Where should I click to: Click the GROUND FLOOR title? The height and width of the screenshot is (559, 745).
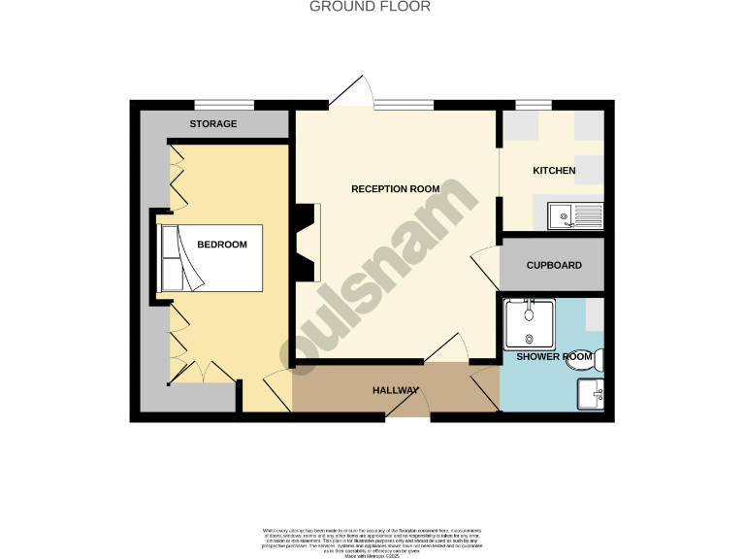click(x=370, y=7)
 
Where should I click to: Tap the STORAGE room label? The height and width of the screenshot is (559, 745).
click(x=212, y=124)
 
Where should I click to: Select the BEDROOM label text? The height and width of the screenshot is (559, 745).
click(x=222, y=245)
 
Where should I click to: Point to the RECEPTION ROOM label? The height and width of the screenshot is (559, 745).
click(x=395, y=189)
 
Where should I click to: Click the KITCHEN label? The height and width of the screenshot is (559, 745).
click(x=554, y=171)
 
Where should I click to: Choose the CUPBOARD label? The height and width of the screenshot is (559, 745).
click(x=554, y=265)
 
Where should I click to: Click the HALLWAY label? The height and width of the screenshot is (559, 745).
click(x=396, y=391)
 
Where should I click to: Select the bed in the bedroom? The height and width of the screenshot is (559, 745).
click(x=211, y=258)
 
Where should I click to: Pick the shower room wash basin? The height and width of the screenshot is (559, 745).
click(x=591, y=393)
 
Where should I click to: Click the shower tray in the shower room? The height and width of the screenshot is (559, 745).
click(x=529, y=324)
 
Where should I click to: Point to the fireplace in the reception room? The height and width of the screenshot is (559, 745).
click(x=307, y=243)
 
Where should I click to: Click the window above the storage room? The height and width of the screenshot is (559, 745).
click(x=224, y=105)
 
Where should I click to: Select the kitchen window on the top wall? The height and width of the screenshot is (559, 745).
click(x=533, y=105)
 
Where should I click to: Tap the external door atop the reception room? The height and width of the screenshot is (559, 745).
click(x=351, y=93)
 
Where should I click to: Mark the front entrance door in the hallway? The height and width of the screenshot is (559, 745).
click(x=408, y=409)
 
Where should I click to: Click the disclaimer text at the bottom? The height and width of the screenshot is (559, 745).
click(x=372, y=542)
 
